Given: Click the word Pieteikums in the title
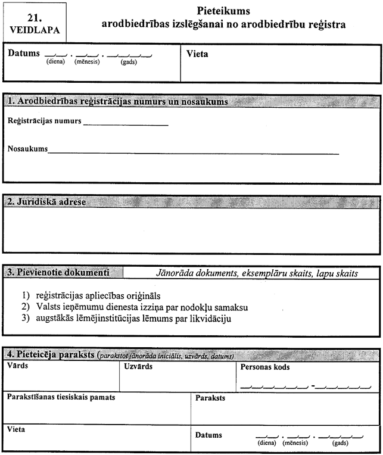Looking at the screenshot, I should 223,11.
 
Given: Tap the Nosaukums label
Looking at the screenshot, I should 27,148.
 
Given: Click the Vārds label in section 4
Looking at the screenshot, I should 16,366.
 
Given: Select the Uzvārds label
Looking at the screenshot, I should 139,366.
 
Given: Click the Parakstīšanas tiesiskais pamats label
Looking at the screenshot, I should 60,396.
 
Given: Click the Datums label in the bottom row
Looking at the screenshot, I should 208,435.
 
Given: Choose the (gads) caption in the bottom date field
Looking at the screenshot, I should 340,444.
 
